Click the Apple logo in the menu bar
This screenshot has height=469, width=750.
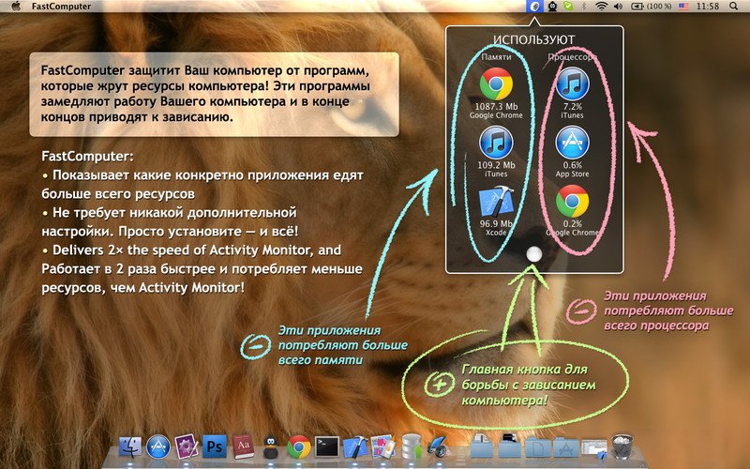[16, 7]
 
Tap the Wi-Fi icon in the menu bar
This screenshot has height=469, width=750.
[601, 7]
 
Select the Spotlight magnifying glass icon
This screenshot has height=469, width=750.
[733, 7]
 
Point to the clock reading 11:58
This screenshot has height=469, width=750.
[708, 7]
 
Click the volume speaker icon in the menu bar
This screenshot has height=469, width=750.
[618, 7]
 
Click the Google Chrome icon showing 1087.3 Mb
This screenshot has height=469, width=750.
[496, 84]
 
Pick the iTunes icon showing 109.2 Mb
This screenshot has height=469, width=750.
[496, 143]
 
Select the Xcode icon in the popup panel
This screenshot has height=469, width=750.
[496, 202]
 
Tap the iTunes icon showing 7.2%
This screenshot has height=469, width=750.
[572, 84]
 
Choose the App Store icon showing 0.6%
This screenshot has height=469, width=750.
[572, 143]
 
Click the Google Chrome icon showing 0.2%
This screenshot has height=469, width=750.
[572, 202]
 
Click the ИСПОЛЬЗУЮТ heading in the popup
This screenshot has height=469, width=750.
[533, 39]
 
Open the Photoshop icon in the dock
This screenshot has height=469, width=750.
[215, 447]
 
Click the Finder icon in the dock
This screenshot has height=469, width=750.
[130, 447]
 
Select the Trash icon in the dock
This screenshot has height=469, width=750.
[622, 446]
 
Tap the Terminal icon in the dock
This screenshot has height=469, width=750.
[326, 447]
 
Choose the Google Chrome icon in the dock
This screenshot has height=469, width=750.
[298, 447]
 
